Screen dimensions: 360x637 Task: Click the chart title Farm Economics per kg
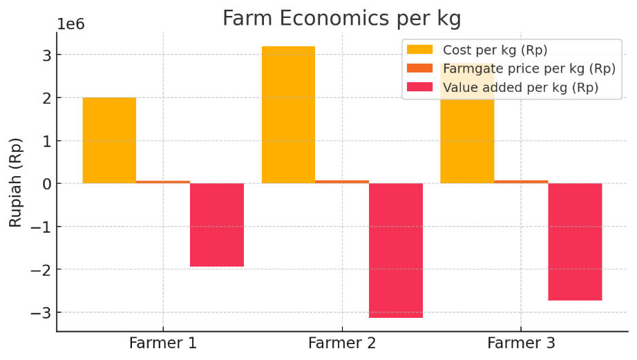(341, 18)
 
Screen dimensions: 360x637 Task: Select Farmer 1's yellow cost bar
(109, 140)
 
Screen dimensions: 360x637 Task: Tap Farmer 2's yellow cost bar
(288, 115)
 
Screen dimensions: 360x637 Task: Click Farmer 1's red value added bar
(217, 225)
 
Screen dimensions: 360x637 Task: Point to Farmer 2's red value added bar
(396, 250)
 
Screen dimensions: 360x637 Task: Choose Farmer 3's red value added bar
(575, 241)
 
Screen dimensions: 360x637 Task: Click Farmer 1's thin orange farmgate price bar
(163, 182)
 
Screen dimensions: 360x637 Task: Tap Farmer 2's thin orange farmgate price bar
(342, 182)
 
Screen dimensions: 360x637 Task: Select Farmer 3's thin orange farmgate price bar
(521, 182)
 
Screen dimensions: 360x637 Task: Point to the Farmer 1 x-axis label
(163, 343)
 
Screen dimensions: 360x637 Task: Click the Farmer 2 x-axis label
(342, 343)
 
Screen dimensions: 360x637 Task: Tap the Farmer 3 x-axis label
(521, 343)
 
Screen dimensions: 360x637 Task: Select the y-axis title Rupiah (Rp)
(16, 182)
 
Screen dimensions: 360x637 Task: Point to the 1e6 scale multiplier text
(70, 24)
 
